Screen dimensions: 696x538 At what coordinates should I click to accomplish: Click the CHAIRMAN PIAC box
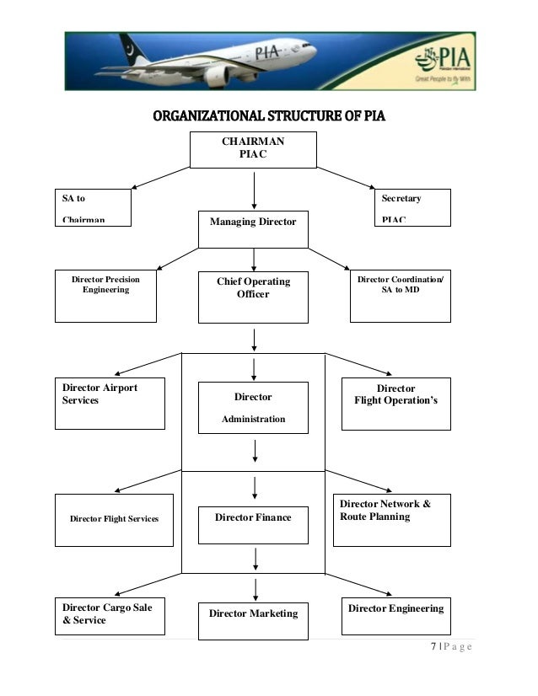[253, 149]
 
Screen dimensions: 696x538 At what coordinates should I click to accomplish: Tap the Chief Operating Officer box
[253, 297]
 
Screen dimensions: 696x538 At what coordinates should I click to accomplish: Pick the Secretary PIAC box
[412, 207]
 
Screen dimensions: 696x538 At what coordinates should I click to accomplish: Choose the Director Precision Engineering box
[105, 296]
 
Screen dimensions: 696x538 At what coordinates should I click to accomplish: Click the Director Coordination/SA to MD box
[400, 296]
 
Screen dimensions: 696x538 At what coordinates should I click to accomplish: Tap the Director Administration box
[253, 408]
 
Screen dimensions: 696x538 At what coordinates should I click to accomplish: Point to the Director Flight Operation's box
[395, 404]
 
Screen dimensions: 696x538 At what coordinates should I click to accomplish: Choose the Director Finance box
[253, 518]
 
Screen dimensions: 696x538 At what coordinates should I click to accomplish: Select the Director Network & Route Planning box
[391, 519]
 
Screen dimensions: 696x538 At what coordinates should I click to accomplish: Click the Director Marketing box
[253, 621]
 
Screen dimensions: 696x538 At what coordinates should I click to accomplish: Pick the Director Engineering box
[395, 616]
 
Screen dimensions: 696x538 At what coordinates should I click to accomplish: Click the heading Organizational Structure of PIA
[268, 115]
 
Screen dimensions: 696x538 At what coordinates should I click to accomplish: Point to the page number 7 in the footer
[433, 646]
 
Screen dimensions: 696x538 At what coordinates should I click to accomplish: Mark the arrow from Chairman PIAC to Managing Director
[254, 190]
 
